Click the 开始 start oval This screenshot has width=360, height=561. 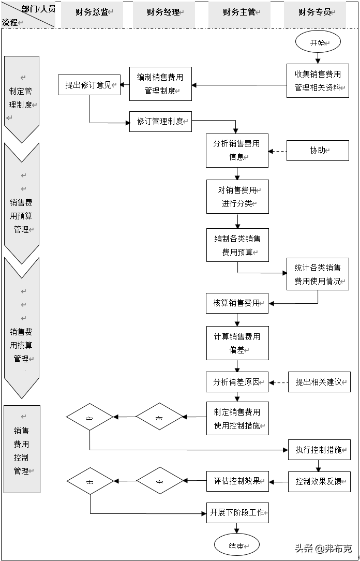coord(318,42)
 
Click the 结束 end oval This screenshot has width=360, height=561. coord(236,545)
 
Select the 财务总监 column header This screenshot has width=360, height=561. coord(92,12)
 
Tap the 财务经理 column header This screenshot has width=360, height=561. coord(163,12)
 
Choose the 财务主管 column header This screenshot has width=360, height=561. coord(239,12)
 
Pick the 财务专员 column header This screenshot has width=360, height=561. coord(315,12)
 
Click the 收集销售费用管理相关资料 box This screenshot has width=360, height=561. coord(318,81)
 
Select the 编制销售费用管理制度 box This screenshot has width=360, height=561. coord(160,84)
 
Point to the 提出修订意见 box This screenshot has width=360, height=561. coord(89,85)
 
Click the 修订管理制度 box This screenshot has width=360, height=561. coord(160,122)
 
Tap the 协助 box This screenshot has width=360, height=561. coord(318,151)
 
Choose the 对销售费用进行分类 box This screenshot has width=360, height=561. coord(237,197)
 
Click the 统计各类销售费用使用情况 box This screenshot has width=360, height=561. coord(318,274)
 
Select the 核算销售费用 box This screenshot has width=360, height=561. coord(237,303)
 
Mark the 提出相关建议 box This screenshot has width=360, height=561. coord(319,382)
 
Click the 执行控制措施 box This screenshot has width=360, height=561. coord(319,450)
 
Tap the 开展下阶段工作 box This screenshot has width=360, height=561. coord(237,513)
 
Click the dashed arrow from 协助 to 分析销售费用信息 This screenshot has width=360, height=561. coord(278,151)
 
